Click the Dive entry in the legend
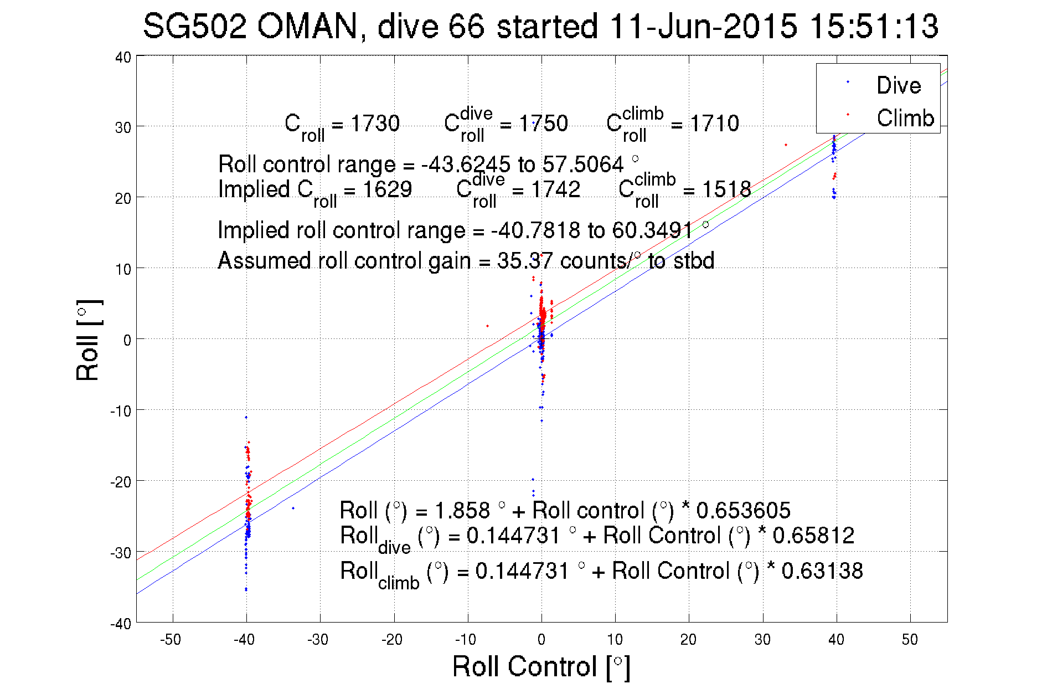(x=898, y=85)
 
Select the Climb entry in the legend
(x=905, y=118)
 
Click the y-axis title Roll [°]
(x=89, y=340)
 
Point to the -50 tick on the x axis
(x=171, y=640)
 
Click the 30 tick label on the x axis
(x=762, y=640)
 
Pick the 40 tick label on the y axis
(x=123, y=57)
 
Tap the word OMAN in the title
(x=307, y=27)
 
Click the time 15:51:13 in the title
(x=874, y=27)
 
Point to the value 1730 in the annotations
(x=375, y=123)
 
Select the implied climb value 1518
(x=726, y=189)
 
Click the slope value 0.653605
(x=743, y=510)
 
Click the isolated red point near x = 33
(x=786, y=145)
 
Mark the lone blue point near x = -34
(x=293, y=508)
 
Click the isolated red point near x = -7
(x=487, y=326)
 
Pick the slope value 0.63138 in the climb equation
(x=822, y=570)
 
